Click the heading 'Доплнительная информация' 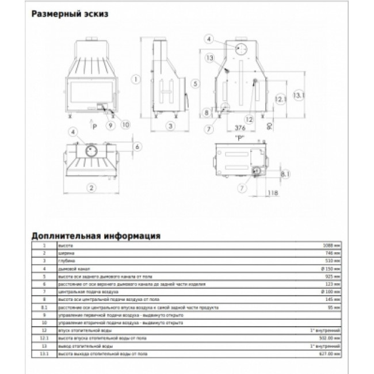96,236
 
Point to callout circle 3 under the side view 170,125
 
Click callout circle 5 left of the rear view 196,83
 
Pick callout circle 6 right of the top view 137,147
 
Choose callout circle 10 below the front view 126,124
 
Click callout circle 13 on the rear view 209,58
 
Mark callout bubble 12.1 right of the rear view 280,100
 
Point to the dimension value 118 273,193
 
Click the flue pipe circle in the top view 90,151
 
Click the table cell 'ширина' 67,253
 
